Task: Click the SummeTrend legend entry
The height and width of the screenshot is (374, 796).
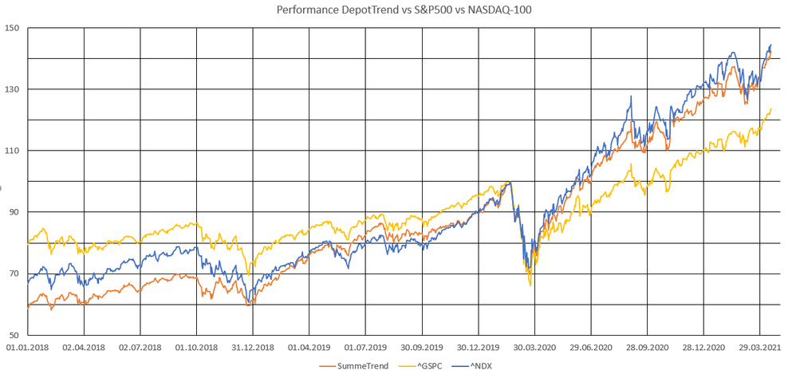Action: [x=351, y=365]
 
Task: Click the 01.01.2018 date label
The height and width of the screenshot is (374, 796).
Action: [x=28, y=348]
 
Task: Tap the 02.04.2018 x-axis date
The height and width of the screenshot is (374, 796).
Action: [x=85, y=348]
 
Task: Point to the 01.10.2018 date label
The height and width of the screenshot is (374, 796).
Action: [x=197, y=348]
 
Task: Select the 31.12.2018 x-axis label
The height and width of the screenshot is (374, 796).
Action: [x=253, y=348]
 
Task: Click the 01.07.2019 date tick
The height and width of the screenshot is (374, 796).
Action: [x=366, y=348]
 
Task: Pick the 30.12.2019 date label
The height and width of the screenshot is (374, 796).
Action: [x=479, y=348]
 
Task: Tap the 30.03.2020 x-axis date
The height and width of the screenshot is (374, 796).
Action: [x=535, y=348]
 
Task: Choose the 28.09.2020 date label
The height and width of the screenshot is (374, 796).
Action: [x=648, y=348]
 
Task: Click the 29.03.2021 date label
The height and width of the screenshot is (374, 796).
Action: [x=760, y=348]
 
